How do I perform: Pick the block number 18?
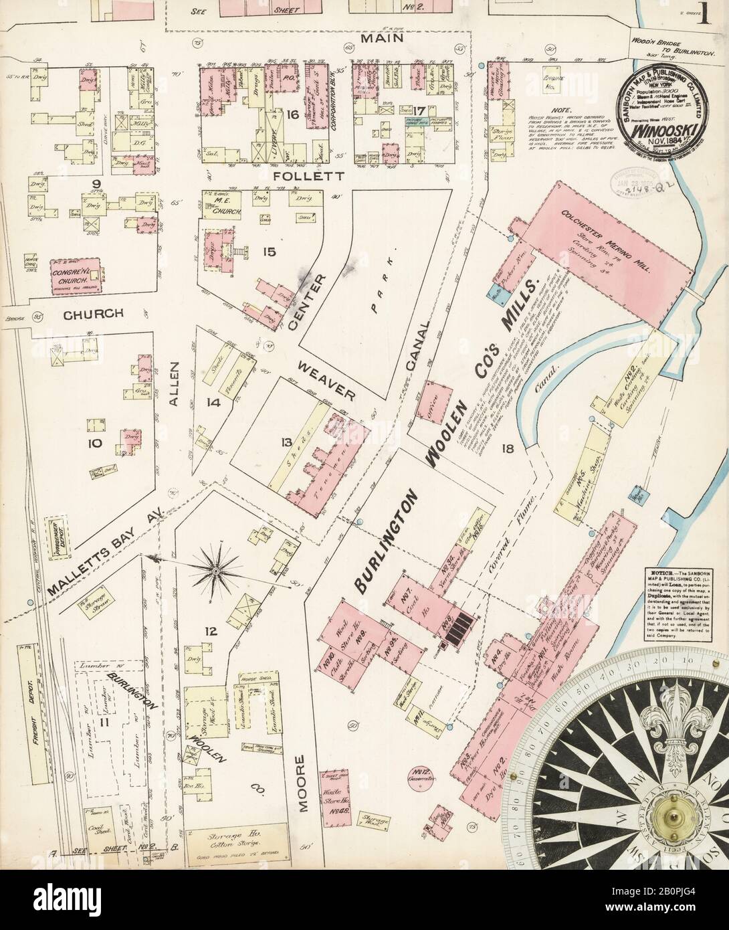[508, 448]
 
